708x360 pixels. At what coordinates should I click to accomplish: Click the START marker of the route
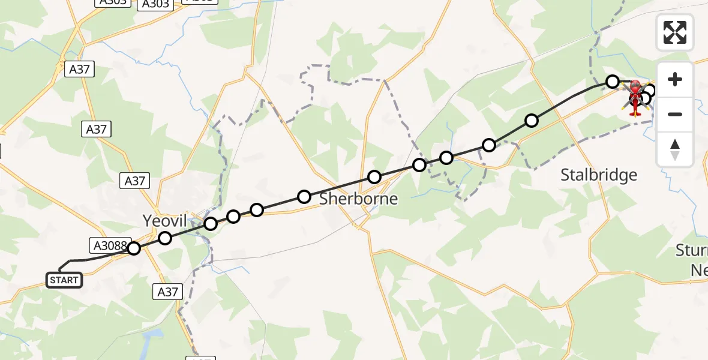[64, 280]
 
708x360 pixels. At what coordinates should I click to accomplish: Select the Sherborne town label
[358, 199]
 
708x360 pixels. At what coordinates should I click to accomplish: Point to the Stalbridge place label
[598, 175]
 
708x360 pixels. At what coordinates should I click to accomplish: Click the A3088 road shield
[108, 245]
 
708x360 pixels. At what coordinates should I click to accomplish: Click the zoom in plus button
[675, 79]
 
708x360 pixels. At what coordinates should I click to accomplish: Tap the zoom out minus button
[675, 114]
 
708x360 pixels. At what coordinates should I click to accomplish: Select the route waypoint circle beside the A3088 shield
[134, 248]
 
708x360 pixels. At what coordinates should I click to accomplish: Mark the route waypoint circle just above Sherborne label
[374, 177]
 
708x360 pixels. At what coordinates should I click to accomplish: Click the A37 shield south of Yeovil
[167, 292]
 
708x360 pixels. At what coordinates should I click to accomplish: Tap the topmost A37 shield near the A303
[79, 69]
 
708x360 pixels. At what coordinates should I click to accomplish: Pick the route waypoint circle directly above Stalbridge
[531, 121]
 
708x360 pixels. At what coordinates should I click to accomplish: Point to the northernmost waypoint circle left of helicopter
[612, 81]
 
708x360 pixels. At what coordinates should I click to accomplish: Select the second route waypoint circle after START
[165, 238]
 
